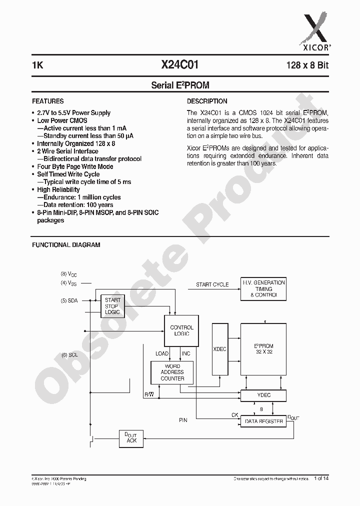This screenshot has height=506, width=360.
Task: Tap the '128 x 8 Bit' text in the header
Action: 307,65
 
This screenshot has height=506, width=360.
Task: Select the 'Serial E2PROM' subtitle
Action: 180,85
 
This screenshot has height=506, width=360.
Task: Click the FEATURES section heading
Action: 48,101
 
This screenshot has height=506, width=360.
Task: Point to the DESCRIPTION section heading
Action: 207,101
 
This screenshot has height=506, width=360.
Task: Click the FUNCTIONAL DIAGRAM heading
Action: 66,245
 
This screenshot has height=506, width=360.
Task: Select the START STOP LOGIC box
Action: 112,306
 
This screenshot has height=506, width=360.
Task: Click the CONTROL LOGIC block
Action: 181,330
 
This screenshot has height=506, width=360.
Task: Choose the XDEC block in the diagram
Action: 219,349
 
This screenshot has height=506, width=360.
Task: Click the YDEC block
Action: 263,395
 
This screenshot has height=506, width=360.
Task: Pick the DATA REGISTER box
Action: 263,421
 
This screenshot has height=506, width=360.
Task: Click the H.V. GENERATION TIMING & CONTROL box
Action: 263,289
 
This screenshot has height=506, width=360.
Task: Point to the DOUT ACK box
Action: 131,438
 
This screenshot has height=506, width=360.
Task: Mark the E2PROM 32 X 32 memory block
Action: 263,348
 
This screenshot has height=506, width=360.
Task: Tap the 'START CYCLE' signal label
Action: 212,284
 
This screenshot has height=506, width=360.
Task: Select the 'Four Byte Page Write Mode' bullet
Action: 75,166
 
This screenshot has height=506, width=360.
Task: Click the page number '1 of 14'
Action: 321,479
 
